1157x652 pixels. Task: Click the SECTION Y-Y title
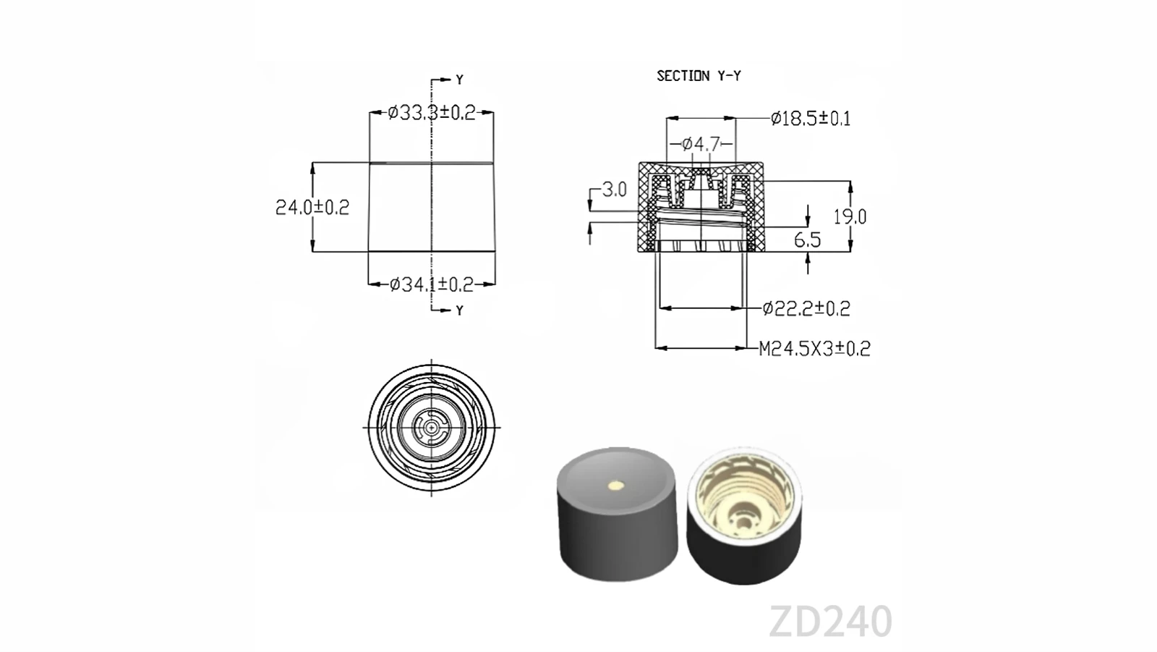[699, 76]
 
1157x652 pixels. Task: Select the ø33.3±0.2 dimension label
[431, 112]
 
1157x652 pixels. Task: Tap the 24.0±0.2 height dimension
[312, 208]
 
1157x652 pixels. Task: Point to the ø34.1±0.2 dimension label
[431, 284]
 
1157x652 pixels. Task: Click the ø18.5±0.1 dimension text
[811, 119]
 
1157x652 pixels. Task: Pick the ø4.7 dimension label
[701, 144]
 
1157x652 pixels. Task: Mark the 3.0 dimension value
[614, 190]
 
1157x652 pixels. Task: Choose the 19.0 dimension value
[850, 216]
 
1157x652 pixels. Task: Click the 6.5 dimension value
[807, 240]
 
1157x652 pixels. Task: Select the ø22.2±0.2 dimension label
[806, 309]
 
